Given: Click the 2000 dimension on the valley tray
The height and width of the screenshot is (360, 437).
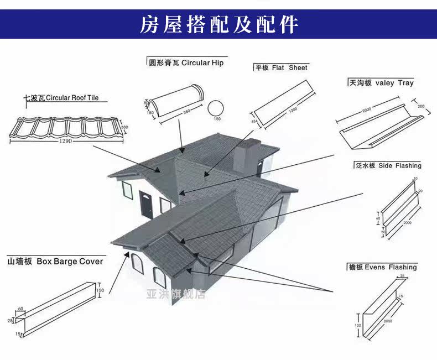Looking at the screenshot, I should [x=367, y=111].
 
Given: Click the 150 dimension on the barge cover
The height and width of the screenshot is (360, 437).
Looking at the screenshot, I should [x=100, y=290].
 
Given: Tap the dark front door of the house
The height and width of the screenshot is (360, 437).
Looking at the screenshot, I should [x=146, y=205].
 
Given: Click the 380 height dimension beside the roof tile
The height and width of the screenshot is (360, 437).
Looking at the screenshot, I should [x=124, y=128].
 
